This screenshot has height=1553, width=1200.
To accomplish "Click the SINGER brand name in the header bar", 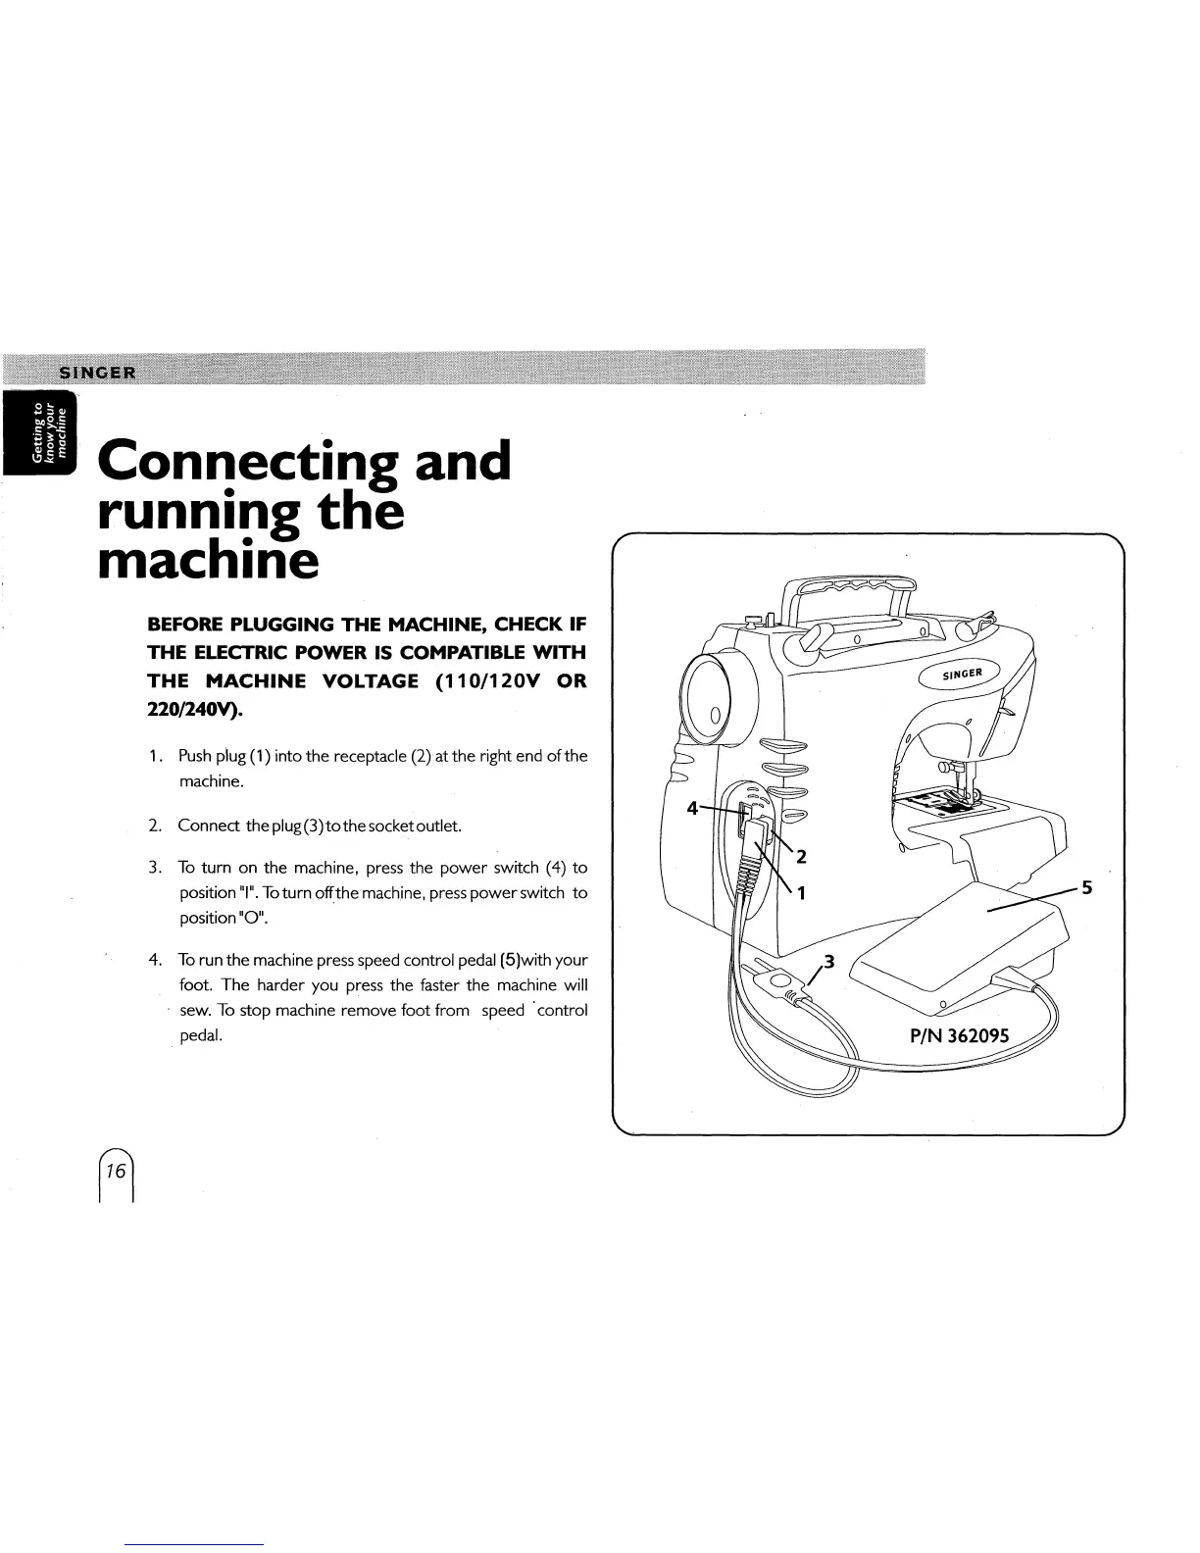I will pos(100,373).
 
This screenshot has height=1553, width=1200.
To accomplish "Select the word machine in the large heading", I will pos(209,561).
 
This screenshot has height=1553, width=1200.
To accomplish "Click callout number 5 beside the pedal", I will pos(1085,888).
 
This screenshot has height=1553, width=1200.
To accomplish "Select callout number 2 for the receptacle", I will pos(801,857).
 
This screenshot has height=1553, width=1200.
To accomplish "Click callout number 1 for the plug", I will pos(801,893).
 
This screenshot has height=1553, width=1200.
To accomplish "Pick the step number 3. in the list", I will pos(155,868).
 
